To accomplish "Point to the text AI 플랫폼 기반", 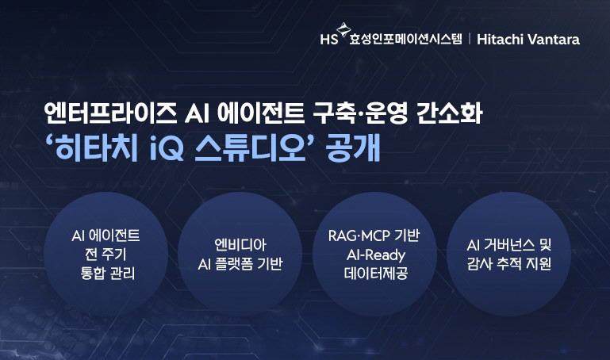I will [238, 264].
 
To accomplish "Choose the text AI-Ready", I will [375, 255].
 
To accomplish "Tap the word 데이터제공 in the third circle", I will [375, 275].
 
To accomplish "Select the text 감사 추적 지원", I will [508, 264].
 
